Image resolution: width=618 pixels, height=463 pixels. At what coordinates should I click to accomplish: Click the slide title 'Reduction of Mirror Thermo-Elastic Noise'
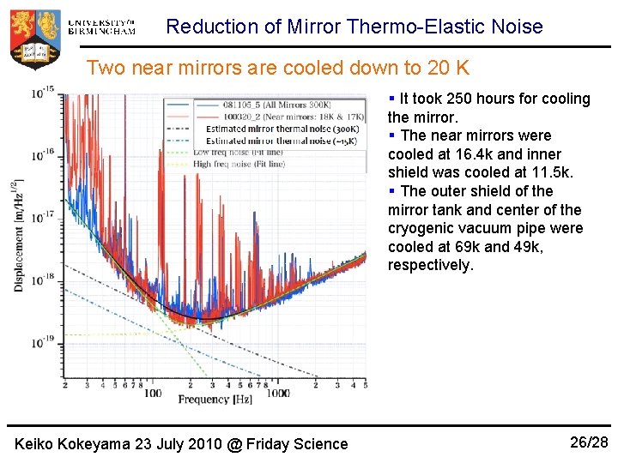point(354,27)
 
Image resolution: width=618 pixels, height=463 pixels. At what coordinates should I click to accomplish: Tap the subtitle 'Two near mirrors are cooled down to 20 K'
point(278,67)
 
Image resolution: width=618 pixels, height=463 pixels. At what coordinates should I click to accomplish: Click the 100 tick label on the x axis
point(153,393)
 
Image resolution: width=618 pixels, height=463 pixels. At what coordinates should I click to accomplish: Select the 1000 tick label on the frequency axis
point(277,393)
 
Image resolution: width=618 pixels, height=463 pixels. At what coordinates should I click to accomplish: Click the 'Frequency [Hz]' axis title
point(215,400)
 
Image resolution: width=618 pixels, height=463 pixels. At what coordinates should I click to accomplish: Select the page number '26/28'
point(589,442)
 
